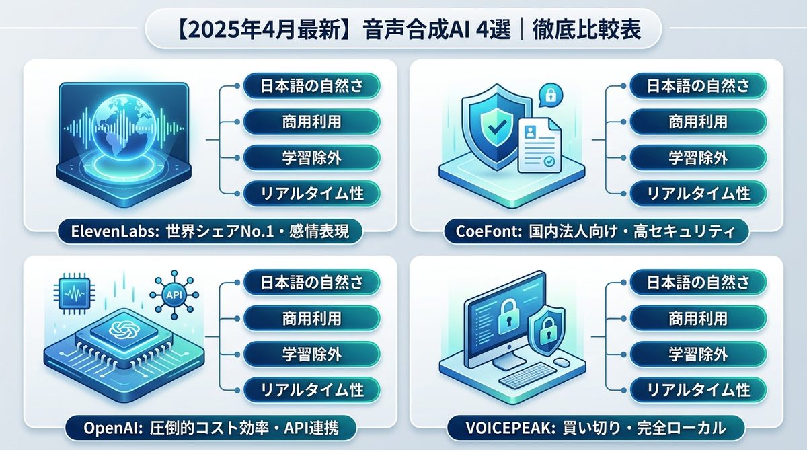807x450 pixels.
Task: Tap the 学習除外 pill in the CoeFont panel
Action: [x=698, y=157]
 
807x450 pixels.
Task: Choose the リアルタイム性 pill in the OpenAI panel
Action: [x=311, y=389]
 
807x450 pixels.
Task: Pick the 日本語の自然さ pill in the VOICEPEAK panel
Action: [x=698, y=282]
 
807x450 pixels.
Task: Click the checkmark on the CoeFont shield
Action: [x=497, y=125]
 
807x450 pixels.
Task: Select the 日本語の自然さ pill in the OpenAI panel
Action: [x=311, y=282]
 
